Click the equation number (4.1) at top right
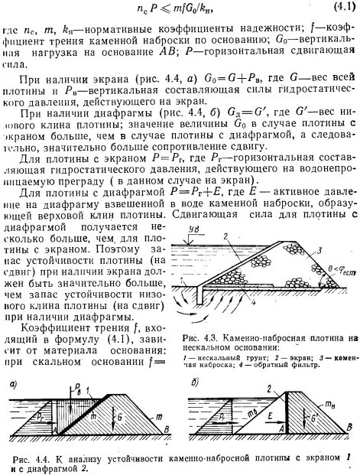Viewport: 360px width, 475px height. pos(341,8)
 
